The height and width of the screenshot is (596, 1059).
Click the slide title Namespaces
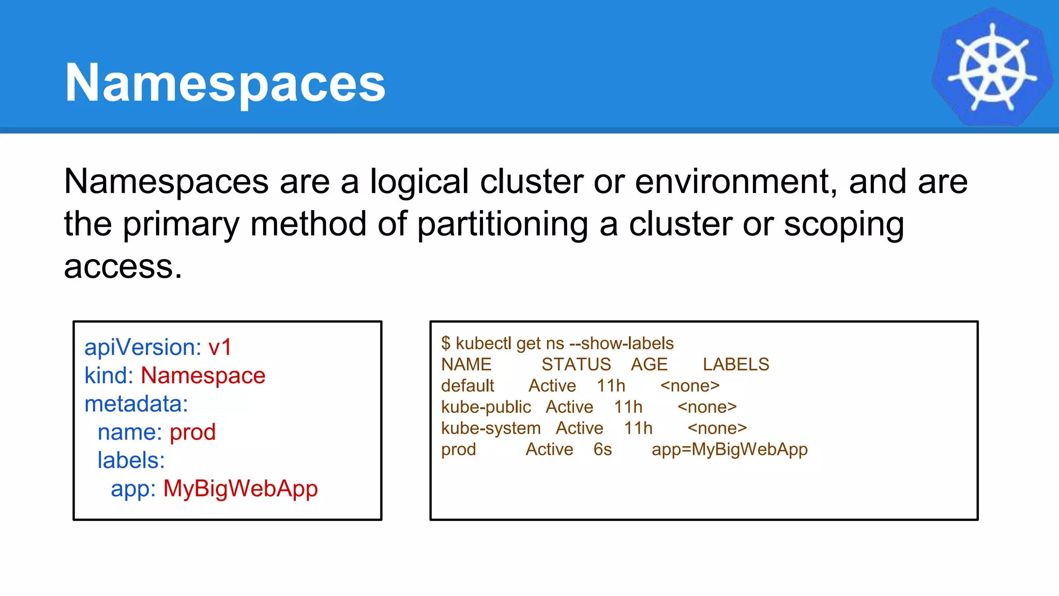click(x=225, y=83)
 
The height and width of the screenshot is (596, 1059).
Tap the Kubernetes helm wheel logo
click(x=992, y=68)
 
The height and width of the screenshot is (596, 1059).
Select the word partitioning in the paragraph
click(x=502, y=224)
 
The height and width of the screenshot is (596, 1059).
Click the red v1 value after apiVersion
click(x=220, y=347)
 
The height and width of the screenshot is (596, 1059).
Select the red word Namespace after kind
click(x=203, y=376)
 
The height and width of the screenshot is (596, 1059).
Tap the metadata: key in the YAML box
click(x=136, y=404)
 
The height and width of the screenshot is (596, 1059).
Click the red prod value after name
click(x=192, y=432)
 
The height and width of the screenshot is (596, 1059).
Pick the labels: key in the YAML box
click(x=131, y=460)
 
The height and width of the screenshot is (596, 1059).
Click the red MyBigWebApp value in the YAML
click(x=240, y=489)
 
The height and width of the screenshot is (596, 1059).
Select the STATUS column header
click(x=576, y=365)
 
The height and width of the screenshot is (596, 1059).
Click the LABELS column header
click(x=736, y=365)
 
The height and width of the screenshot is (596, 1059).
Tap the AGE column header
click(x=649, y=365)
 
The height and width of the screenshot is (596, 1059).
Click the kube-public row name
click(x=486, y=407)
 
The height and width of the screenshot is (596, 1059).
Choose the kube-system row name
click(x=491, y=428)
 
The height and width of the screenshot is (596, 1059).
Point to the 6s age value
click(x=602, y=450)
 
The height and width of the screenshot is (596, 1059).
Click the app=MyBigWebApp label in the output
click(x=729, y=450)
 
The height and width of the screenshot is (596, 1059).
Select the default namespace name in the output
click(x=467, y=386)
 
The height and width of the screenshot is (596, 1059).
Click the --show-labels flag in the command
click(x=621, y=344)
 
